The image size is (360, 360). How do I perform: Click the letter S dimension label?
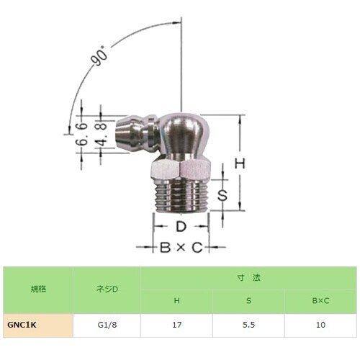[223, 194]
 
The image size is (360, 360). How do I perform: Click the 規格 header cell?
[37, 289]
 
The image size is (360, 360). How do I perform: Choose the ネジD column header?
[107, 289]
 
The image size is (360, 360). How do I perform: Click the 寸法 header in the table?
[248, 278]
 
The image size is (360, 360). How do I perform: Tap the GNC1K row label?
[22, 325]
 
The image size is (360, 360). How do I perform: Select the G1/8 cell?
[107, 325]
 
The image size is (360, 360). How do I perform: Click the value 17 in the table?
[177, 325]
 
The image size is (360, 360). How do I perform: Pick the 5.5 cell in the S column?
[249, 325]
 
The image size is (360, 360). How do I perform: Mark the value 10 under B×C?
[320, 325]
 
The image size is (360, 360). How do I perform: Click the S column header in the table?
[249, 301]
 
